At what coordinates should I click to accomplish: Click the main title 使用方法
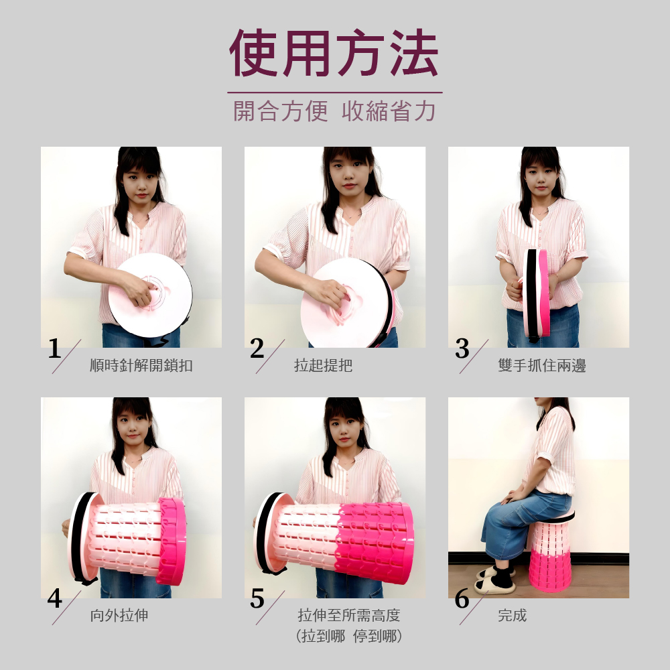(x=334, y=53)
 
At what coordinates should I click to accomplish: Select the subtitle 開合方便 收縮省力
(x=334, y=111)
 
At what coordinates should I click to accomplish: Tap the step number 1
(x=54, y=348)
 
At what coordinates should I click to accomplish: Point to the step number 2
(x=257, y=348)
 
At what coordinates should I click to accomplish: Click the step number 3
(x=462, y=348)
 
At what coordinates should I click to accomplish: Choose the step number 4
(x=55, y=598)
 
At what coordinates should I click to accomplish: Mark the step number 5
(x=257, y=598)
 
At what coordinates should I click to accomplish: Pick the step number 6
(x=462, y=598)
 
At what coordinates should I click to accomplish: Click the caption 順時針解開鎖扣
(x=141, y=365)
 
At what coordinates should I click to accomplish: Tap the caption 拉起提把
(x=323, y=365)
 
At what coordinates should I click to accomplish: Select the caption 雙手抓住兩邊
(x=542, y=365)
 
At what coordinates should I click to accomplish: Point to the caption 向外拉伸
(x=119, y=615)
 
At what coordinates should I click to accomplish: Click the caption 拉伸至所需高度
(x=348, y=615)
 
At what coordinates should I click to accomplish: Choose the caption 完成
(x=513, y=615)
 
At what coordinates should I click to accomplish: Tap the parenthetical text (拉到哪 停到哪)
(x=348, y=636)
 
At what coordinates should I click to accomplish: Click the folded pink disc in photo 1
(x=150, y=295)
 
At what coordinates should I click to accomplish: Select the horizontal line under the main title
(x=334, y=92)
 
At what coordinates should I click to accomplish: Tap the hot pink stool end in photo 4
(x=171, y=541)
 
